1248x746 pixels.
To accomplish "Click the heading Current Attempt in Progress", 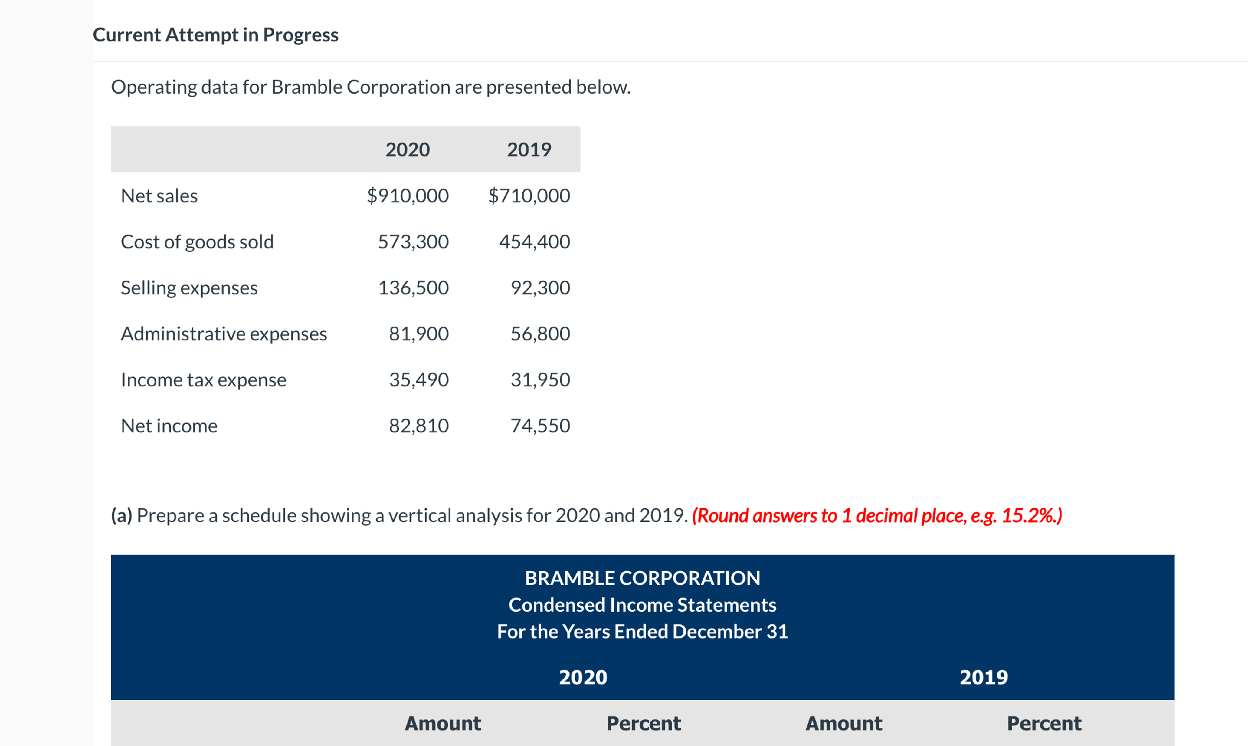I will [215, 35].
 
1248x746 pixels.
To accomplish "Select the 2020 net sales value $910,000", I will [408, 196].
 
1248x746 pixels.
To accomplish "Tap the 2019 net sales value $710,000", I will [529, 196].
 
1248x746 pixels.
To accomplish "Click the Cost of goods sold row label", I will [197, 242].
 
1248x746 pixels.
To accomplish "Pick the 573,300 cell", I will [413, 242].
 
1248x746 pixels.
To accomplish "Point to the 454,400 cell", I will [535, 242].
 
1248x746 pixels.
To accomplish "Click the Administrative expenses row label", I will [224, 334].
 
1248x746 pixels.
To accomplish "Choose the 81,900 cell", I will [418, 334].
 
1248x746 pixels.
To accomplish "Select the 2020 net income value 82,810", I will [418, 426].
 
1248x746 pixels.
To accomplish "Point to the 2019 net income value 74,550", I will [540, 426].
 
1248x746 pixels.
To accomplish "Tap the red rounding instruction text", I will [877, 516].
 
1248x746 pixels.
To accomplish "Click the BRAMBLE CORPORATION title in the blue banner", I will [642, 578].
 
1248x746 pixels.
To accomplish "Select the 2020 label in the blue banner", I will [583, 677].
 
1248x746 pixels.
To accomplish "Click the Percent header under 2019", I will [1044, 723].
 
